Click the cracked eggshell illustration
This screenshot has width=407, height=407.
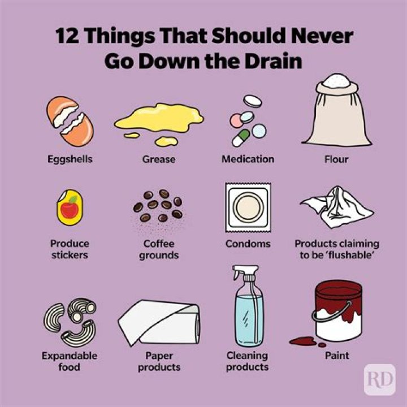point(70,121)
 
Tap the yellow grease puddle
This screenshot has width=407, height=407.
point(159,119)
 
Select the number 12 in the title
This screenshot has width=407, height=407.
point(68,37)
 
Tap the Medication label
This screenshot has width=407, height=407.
point(248,159)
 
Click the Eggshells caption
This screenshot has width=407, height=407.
point(70,159)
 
